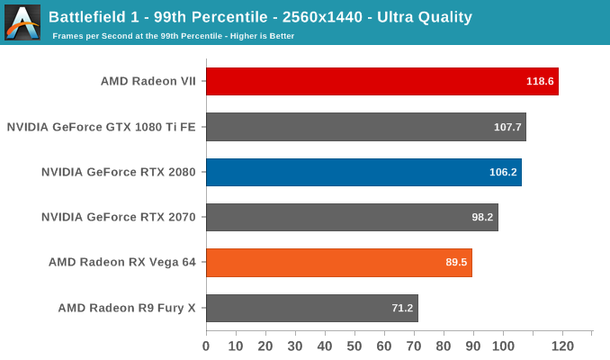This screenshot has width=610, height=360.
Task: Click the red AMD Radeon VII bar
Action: click(x=381, y=81)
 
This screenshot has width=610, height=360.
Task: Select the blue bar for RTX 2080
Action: click(x=363, y=172)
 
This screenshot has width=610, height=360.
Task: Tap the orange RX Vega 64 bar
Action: click(x=338, y=263)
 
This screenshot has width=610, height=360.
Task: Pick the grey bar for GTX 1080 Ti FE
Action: click(x=365, y=127)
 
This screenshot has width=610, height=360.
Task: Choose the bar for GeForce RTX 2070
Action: click(x=352, y=217)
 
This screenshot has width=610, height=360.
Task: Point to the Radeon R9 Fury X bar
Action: click(x=311, y=308)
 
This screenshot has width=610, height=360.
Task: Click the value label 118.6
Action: click(x=540, y=81)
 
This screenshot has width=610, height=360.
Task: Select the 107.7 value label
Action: click(x=507, y=127)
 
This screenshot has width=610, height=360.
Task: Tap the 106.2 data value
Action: click(x=503, y=172)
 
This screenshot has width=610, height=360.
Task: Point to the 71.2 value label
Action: click(x=402, y=308)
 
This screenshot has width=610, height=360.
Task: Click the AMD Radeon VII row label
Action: click(x=148, y=81)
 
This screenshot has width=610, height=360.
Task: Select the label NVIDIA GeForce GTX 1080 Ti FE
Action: click(x=101, y=127)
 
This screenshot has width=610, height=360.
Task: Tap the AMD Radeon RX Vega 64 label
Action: click(x=122, y=263)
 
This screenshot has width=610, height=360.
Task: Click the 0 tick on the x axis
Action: click(x=206, y=346)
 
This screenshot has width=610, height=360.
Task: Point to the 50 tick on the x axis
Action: click(x=354, y=346)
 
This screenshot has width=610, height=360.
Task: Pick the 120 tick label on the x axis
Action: click(x=562, y=346)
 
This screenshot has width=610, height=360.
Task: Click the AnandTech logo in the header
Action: click(x=22, y=22)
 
